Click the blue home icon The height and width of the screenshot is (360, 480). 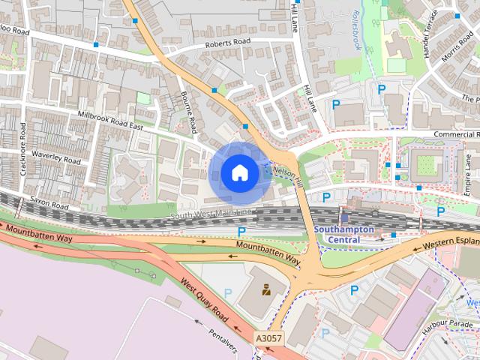point(239,173)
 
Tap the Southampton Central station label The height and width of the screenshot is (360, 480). point(349,235)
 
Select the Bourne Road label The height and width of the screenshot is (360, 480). point(188,112)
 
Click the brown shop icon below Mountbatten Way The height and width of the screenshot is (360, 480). point(265,288)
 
